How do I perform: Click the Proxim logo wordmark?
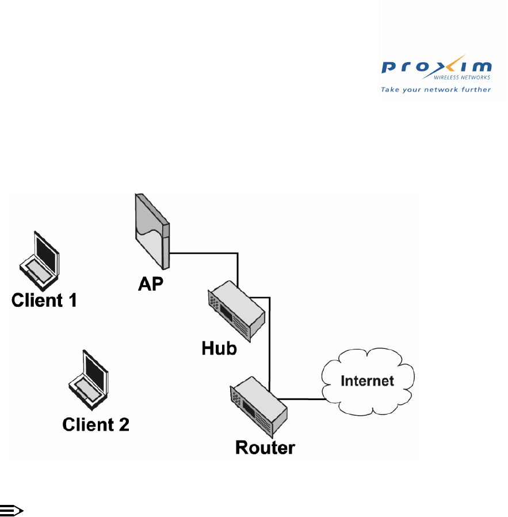click(x=436, y=67)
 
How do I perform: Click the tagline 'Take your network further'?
click(x=436, y=89)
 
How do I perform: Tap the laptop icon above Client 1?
click(x=39, y=259)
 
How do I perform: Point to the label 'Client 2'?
click(x=96, y=424)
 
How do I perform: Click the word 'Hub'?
click(x=219, y=348)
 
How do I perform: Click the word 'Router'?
click(x=265, y=447)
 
